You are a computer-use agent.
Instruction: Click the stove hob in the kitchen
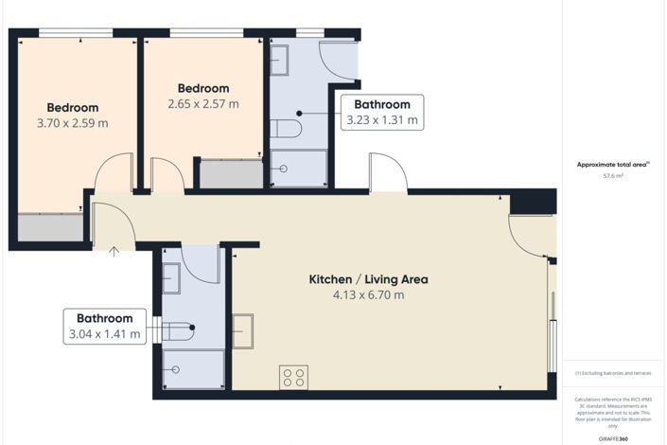point(293,377)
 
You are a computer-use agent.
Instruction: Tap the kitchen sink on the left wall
point(243,331)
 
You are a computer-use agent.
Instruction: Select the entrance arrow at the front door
point(114,251)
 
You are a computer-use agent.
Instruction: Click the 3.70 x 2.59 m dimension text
point(72,123)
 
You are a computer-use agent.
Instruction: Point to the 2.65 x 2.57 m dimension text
point(202,104)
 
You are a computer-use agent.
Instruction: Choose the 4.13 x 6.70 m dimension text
point(368,295)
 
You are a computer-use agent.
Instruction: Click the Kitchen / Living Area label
point(368,279)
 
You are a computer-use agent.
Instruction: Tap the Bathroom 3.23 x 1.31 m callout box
point(382,112)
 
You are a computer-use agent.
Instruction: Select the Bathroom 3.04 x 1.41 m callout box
point(105,326)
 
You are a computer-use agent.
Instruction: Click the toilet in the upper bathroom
point(285,128)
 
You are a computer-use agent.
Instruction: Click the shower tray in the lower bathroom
point(193,368)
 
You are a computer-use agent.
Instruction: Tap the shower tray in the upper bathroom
point(298,168)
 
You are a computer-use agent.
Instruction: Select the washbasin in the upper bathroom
point(279,60)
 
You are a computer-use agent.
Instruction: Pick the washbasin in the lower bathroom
point(171,278)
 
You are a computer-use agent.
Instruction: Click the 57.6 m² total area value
point(614,176)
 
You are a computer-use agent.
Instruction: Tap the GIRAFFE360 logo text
point(614,438)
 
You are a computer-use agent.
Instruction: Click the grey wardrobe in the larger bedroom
point(50,226)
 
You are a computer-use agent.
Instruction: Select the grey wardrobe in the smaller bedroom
point(231,174)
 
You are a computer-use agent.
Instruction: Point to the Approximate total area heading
point(613,165)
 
